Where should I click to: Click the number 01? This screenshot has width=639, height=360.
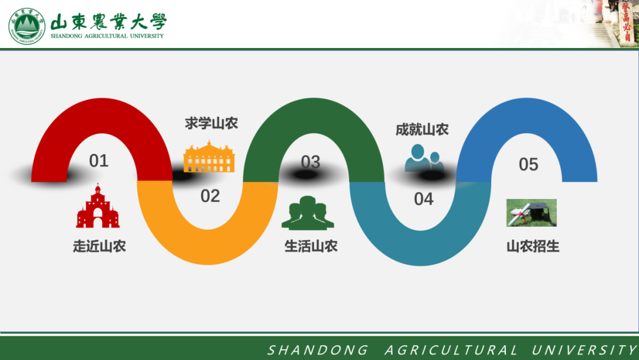(x=99, y=160)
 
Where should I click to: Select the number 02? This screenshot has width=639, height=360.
(x=210, y=196)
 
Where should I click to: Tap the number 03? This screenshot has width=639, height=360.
(x=311, y=162)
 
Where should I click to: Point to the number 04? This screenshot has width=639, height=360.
(x=424, y=199)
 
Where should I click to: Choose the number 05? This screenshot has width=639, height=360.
(x=528, y=165)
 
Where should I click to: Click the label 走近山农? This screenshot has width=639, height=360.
(x=99, y=246)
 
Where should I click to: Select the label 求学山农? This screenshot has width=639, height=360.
(x=211, y=123)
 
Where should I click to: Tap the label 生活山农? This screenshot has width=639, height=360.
(x=311, y=246)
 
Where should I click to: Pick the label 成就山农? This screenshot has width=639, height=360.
(x=422, y=130)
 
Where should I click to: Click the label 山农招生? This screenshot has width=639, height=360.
(x=533, y=246)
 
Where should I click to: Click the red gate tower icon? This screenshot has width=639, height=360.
(x=98, y=206)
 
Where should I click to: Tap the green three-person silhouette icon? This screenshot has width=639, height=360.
(x=308, y=213)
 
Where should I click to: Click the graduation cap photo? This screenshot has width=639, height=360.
(x=531, y=213)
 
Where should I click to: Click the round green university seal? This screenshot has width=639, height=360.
(x=27, y=26)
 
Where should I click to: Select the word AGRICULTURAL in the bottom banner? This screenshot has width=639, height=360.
(x=451, y=350)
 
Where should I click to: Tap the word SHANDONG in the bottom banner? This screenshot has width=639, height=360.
(x=318, y=350)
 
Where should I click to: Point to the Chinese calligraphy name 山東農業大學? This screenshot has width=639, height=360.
(x=109, y=22)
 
